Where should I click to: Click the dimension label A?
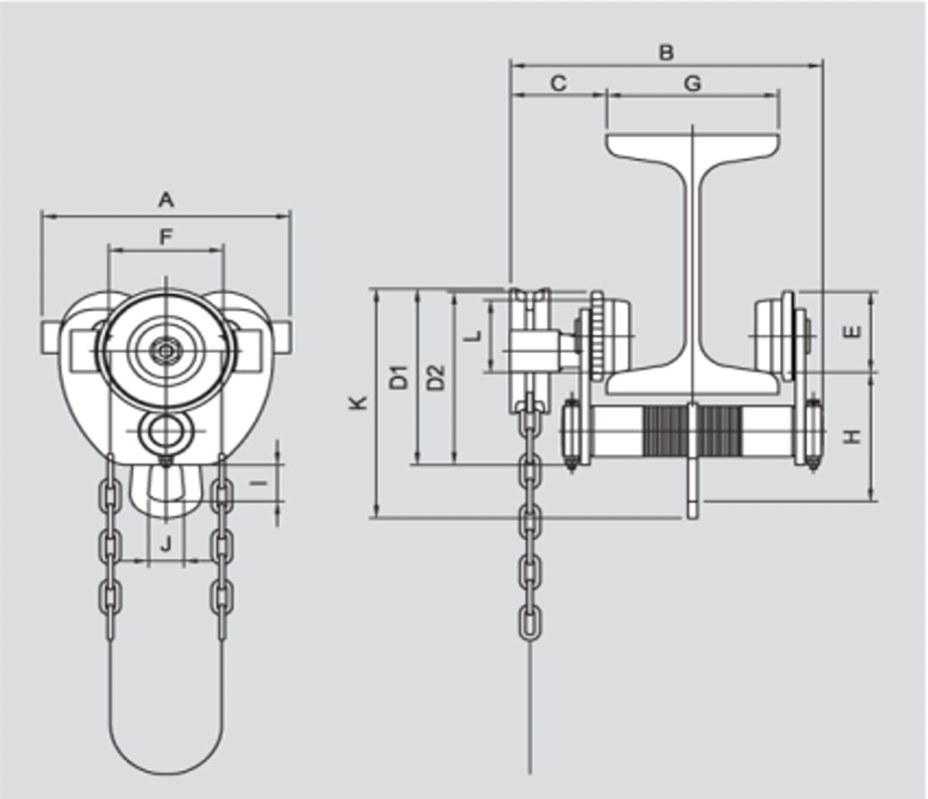(166, 200)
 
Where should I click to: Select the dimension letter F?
(166, 237)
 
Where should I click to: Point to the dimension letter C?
(558, 84)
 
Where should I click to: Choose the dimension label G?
(692, 84)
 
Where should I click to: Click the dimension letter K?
(360, 402)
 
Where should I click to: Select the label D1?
(399, 377)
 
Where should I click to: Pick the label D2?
(435, 377)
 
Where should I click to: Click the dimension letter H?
(851, 436)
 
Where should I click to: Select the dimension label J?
(167, 544)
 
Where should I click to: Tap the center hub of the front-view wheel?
(165, 351)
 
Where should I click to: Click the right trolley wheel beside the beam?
(779, 335)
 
